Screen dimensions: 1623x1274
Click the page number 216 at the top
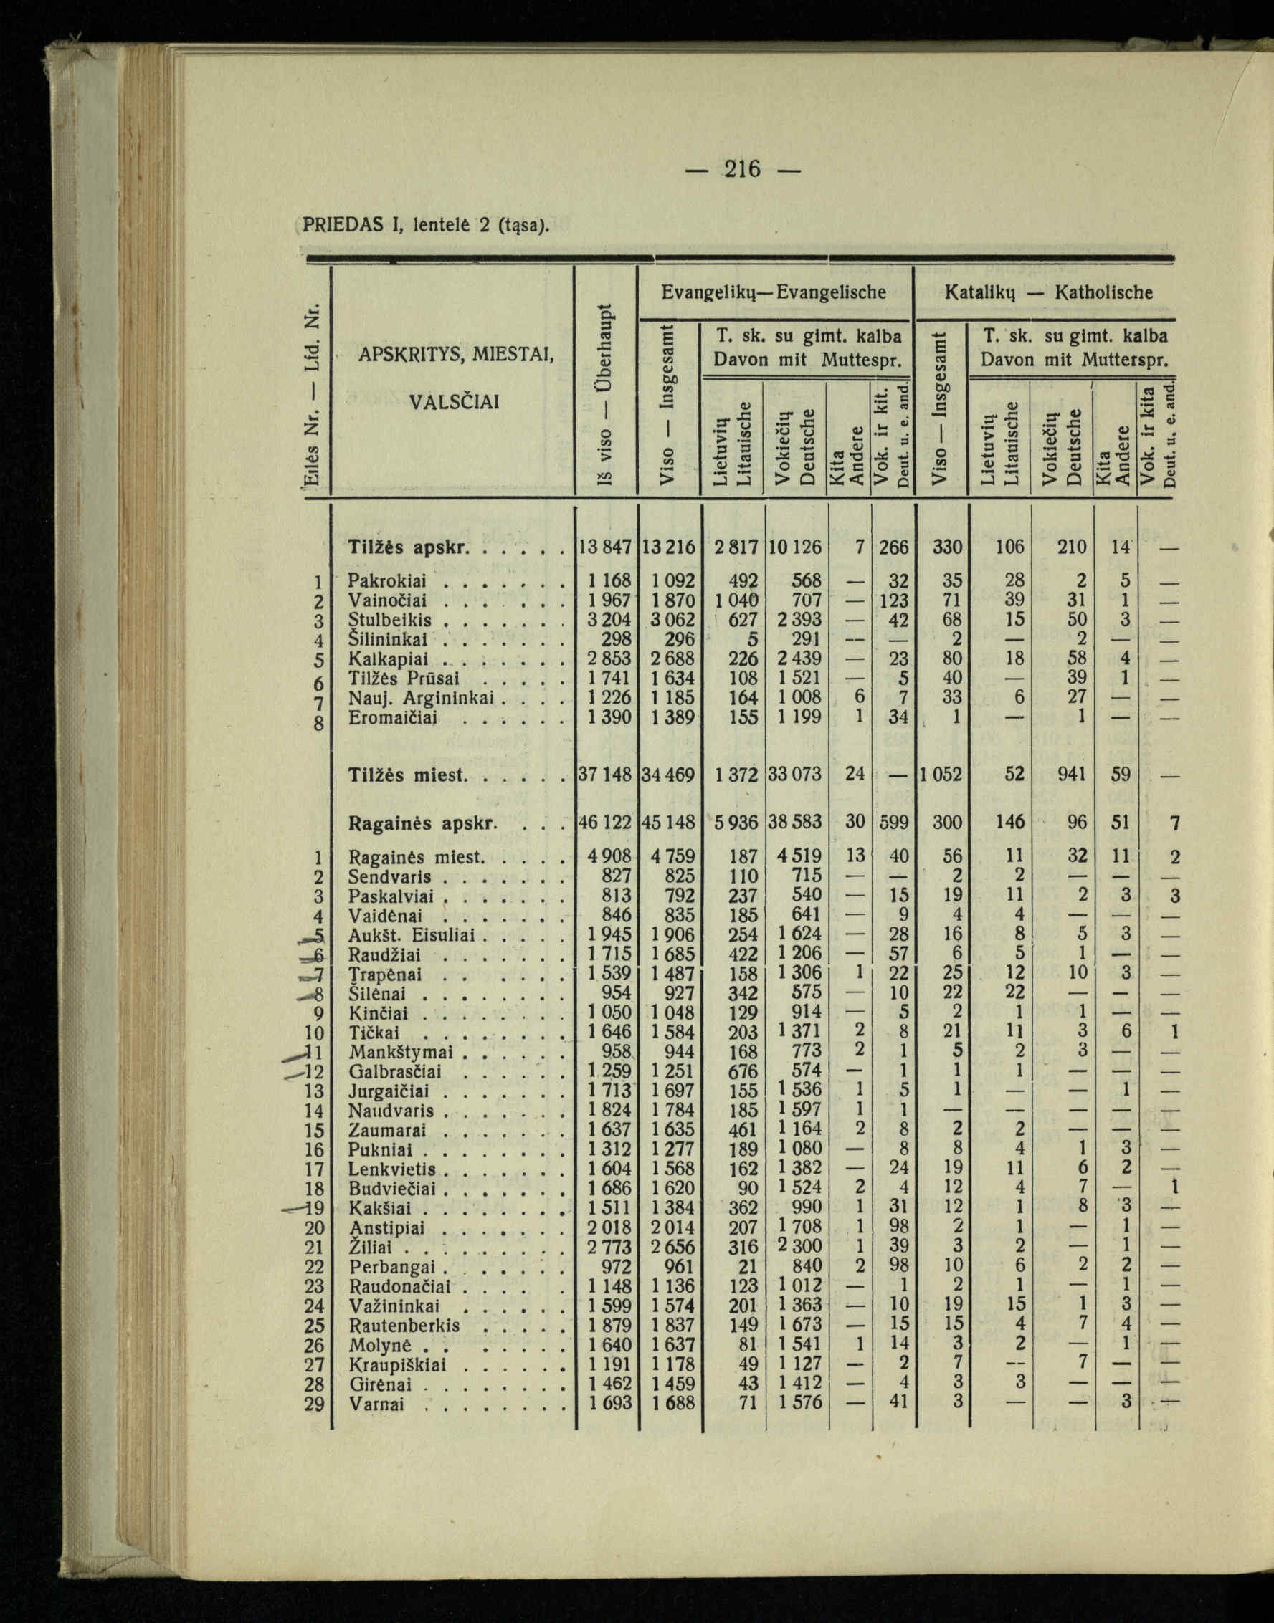(x=742, y=169)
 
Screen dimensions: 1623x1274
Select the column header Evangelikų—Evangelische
(x=774, y=292)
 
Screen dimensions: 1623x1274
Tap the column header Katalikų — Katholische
(x=1048, y=292)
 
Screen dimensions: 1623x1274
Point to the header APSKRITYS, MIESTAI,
(x=456, y=355)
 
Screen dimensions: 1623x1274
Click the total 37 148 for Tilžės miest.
(x=606, y=775)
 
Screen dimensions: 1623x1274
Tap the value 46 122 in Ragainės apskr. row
(x=606, y=823)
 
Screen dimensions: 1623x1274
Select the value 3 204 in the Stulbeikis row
(x=609, y=621)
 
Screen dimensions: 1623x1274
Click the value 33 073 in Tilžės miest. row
(x=794, y=775)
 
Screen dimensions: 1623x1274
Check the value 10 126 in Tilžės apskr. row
(x=794, y=548)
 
